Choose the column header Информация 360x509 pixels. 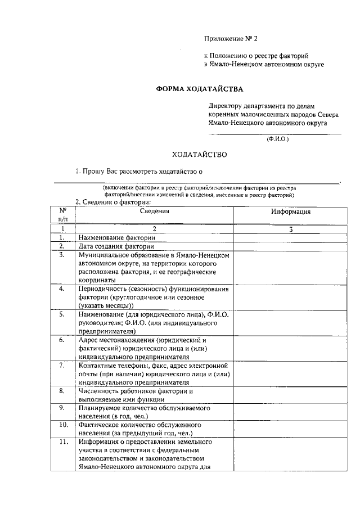coord(290,211)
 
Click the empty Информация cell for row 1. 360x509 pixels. coord(290,238)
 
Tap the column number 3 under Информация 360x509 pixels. coord(290,229)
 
